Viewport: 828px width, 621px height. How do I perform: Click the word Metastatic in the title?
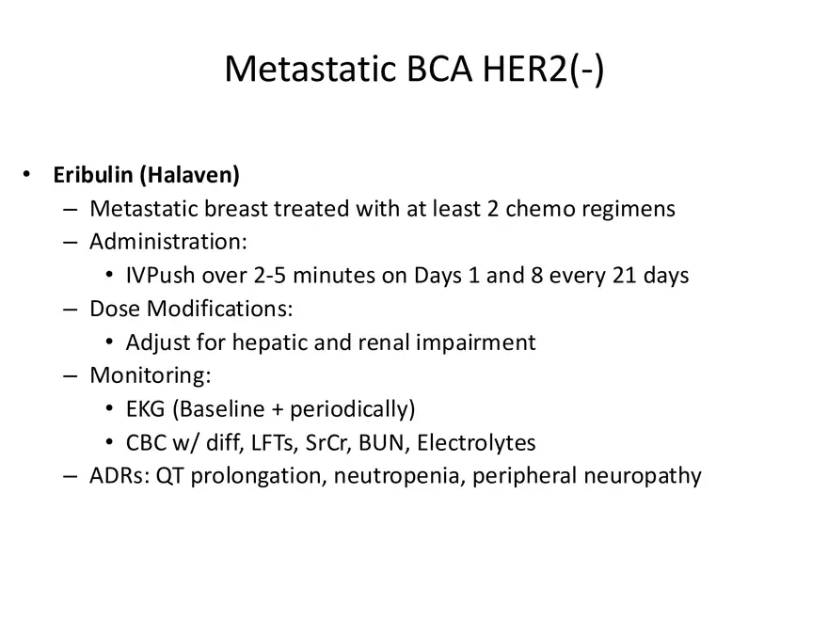(x=310, y=69)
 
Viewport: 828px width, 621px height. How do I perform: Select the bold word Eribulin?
(x=93, y=175)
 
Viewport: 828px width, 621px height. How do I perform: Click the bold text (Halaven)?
(x=189, y=175)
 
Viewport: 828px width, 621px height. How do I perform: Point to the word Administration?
(x=168, y=242)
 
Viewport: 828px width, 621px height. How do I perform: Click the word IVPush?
(x=161, y=275)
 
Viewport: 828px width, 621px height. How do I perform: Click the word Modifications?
(x=219, y=309)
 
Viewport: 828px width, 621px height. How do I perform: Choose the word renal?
(x=384, y=342)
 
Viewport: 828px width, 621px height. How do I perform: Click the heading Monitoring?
(x=151, y=375)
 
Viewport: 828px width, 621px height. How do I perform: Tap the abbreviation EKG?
(x=146, y=409)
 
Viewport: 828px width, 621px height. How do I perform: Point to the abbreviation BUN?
(x=382, y=442)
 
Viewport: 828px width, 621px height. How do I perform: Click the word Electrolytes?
(x=476, y=442)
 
